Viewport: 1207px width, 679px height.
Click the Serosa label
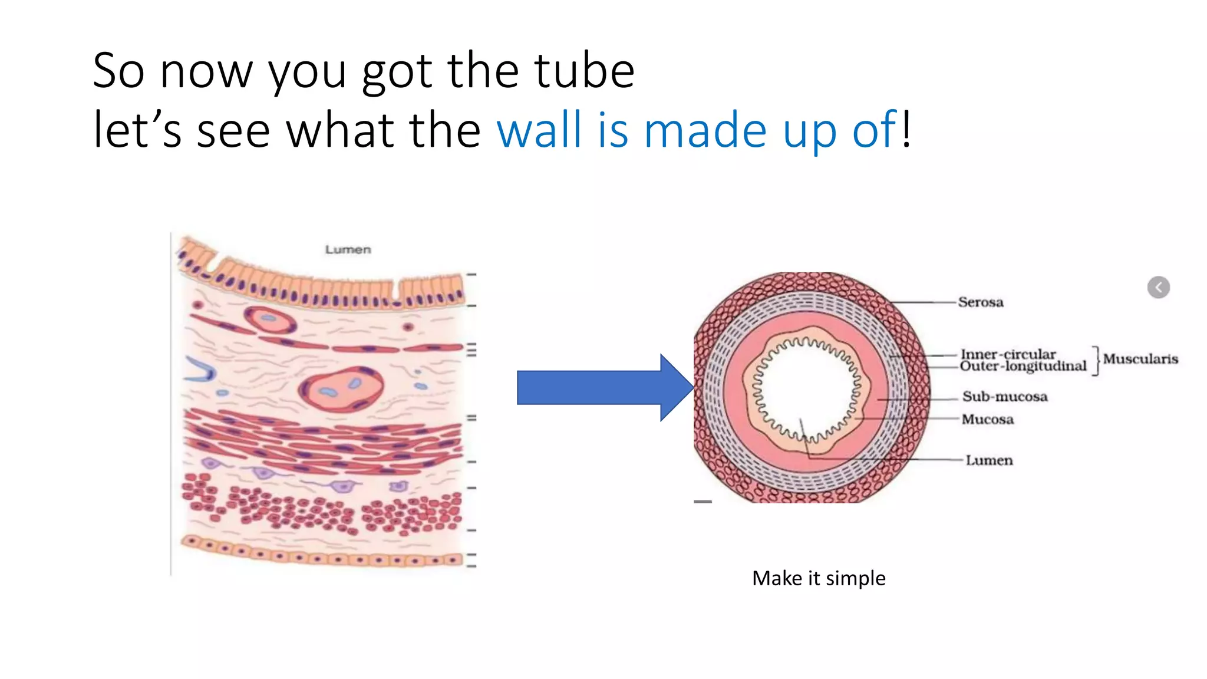pos(980,302)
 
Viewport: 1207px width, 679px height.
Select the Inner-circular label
pos(1008,354)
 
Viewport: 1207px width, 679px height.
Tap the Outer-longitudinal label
pos(1023,367)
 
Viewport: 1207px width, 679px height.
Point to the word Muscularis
pos(1140,359)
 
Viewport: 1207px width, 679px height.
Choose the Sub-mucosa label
pos(1005,397)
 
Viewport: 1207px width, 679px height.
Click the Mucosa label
pos(988,420)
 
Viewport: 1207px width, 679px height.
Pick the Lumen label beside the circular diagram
pos(989,460)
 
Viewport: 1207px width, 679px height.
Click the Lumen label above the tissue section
pos(348,250)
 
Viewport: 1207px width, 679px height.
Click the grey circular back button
pos(1158,288)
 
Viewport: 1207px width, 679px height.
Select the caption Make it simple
pos(819,578)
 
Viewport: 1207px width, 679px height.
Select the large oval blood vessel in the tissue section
pos(341,389)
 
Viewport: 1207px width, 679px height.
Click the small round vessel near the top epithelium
pos(271,319)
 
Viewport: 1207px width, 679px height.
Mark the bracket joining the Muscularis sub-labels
pos(1096,360)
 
